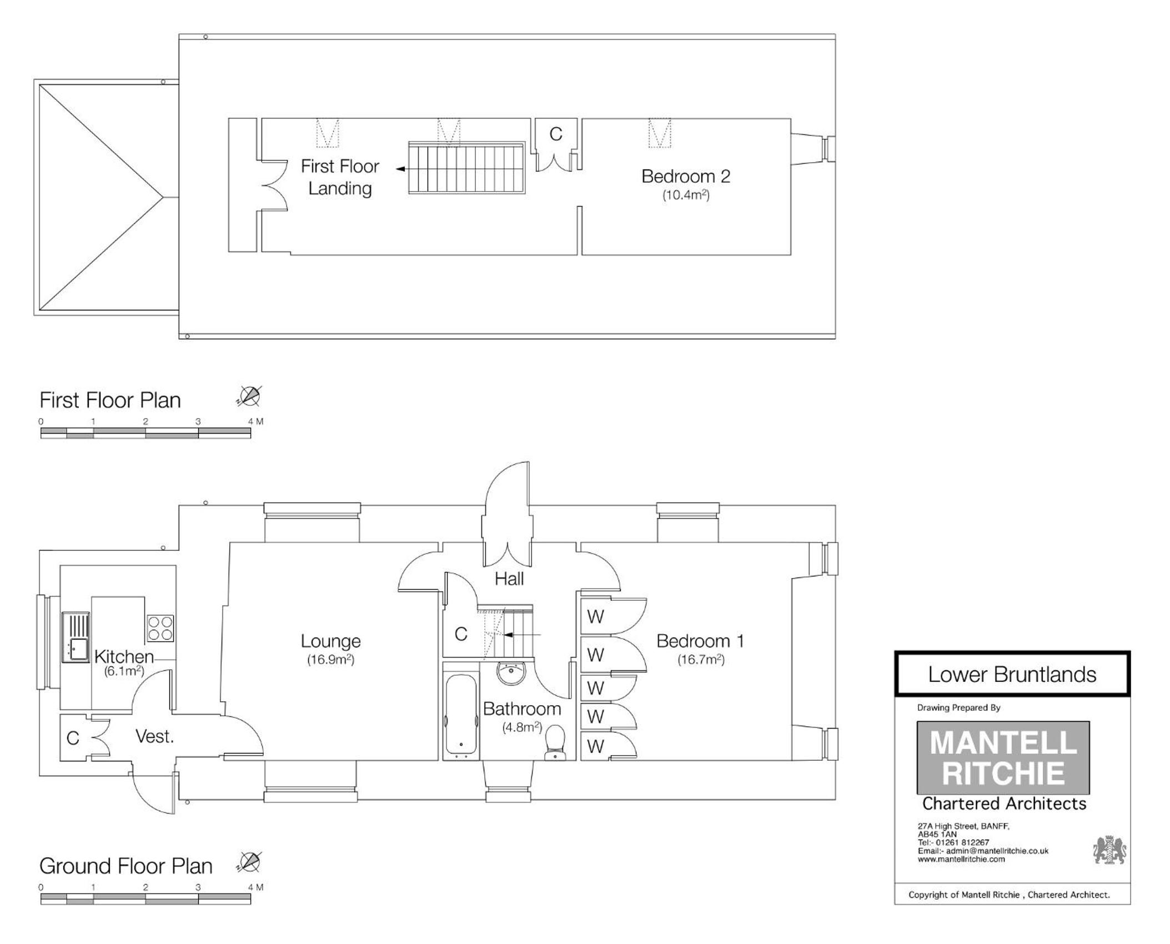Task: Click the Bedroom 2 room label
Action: coord(685,176)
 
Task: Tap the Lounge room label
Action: coord(330,641)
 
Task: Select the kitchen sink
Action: coord(76,637)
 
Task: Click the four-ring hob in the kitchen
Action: coord(160,628)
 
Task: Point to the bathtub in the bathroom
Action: coord(461,716)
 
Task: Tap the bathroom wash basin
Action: coord(513,673)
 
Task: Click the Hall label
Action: coord(509,579)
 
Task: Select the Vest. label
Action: coord(154,737)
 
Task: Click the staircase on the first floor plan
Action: coord(466,168)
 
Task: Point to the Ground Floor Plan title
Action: coord(126,866)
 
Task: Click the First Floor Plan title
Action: coord(110,400)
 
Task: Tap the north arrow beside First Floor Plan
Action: coord(249,396)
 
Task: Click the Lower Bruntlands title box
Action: coord(1012,674)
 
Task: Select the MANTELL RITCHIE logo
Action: coord(1003,757)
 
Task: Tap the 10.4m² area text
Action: coord(686,195)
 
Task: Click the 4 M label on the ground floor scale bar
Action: coord(255,887)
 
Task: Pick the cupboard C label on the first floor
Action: coord(556,134)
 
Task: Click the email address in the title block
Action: coord(983,851)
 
